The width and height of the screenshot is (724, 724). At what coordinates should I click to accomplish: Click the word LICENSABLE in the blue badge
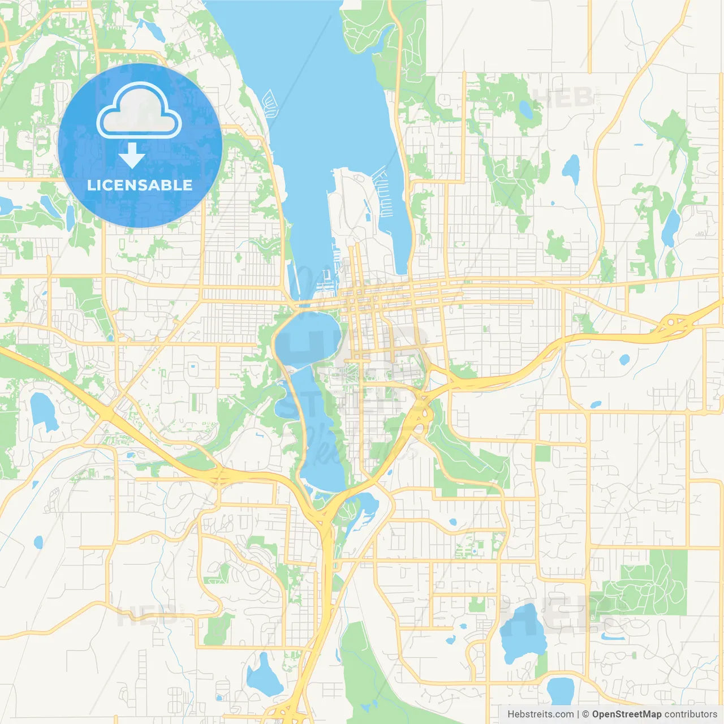[x=140, y=185]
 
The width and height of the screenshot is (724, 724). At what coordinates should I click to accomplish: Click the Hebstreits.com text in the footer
[x=540, y=714]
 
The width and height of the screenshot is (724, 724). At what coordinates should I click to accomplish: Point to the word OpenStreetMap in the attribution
[x=626, y=714]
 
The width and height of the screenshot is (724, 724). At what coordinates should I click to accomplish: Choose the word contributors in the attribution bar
[x=691, y=714]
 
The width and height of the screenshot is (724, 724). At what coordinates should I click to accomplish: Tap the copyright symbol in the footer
[x=585, y=714]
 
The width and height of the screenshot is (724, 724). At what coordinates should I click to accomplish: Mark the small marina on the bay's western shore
[x=270, y=103]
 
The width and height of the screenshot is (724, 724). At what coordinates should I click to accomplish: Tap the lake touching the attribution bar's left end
[x=560, y=691]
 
